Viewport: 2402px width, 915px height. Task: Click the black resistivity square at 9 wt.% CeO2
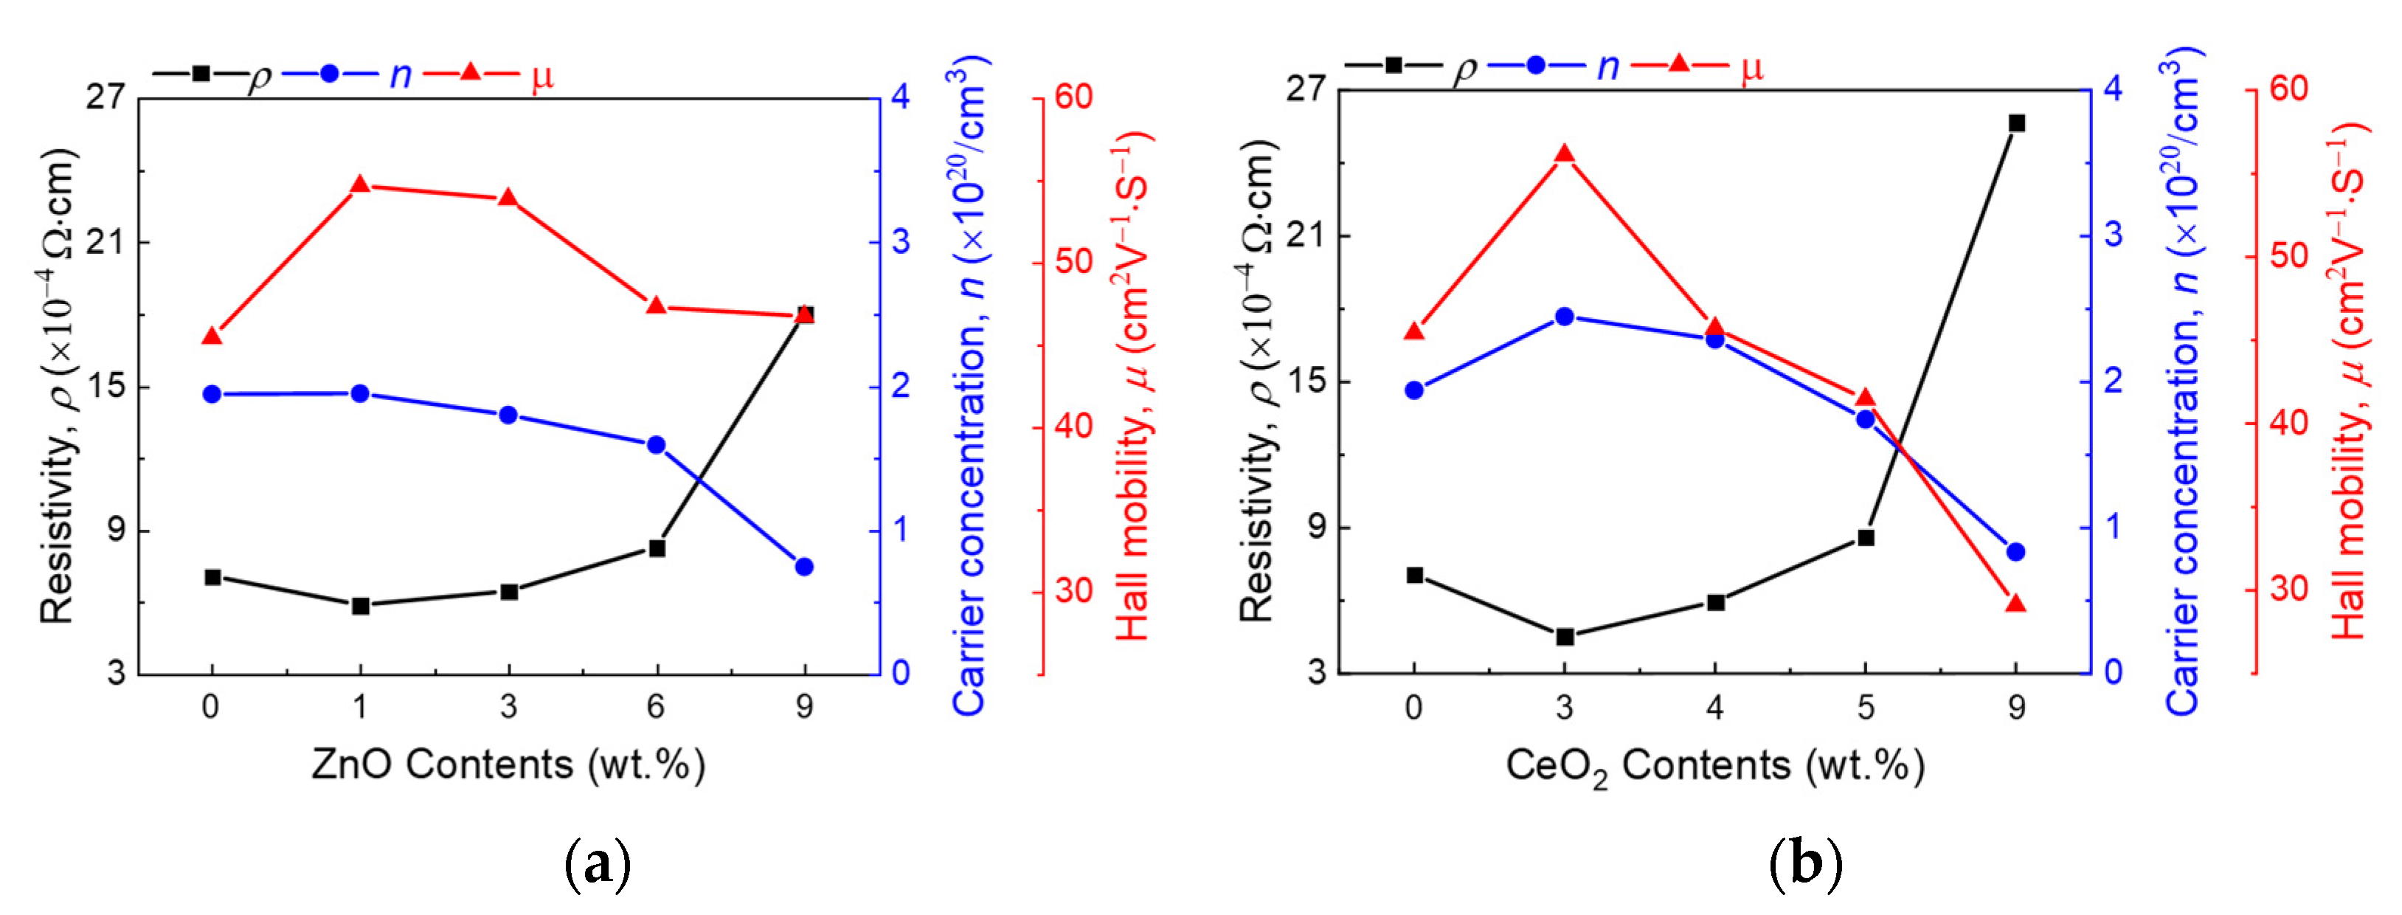pos(2016,123)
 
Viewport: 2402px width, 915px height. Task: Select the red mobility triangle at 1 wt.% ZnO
pos(360,184)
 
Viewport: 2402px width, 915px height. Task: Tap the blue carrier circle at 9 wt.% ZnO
pos(805,566)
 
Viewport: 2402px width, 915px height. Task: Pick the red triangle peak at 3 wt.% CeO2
pos(1565,155)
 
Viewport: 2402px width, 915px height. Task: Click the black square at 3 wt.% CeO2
pos(1565,637)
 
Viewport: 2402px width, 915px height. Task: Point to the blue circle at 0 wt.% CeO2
pos(1413,390)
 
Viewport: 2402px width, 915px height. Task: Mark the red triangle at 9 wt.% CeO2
pos(2016,604)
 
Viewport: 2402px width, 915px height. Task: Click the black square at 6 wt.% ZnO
pos(657,548)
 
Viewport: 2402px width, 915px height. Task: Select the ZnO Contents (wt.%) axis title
pos(508,764)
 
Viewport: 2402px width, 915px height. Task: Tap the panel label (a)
pos(598,865)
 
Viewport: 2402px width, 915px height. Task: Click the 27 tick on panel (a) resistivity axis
pos(105,97)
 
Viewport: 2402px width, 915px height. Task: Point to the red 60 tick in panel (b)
pos(2288,89)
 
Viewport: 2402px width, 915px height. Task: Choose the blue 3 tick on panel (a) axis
pos(901,241)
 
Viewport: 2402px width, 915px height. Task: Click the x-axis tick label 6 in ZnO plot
pos(657,707)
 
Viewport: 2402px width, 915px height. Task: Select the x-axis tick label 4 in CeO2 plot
pos(1714,708)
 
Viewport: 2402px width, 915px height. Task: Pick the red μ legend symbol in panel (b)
pos(1678,63)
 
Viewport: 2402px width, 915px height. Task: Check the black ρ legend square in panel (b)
pos(1393,64)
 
